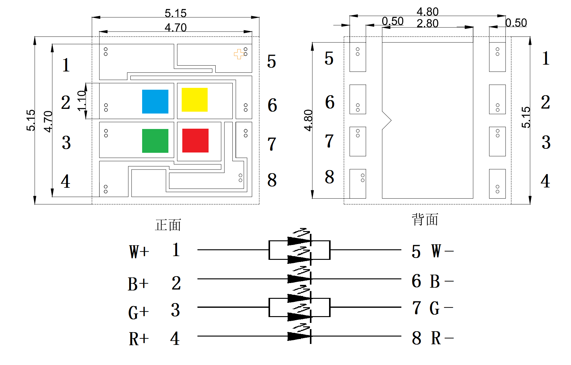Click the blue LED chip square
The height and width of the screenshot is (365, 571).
click(x=155, y=101)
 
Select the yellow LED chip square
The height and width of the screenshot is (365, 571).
click(x=194, y=100)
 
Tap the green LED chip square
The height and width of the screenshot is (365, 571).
click(x=155, y=141)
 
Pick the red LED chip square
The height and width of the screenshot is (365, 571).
click(x=195, y=140)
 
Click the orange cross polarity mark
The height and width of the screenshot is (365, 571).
click(x=238, y=54)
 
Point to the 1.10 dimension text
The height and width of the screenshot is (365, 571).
click(x=82, y=101)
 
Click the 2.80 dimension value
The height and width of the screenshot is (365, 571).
click(x=427, y=24)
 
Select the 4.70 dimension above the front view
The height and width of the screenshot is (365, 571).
click(x=176, y=28)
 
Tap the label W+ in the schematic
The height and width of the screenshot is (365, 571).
click(x=139, y=251)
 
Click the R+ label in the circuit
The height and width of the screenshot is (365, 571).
click(x=139, y=339)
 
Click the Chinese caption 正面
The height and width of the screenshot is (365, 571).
click(x=168, y=225)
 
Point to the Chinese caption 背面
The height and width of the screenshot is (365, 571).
click(x=425, y=220)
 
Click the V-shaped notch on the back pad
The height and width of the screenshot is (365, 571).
click(x=387, y=120)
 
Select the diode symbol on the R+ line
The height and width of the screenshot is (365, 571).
click(x=299, y=336)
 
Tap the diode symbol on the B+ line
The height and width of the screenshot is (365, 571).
click(x=299, y=279)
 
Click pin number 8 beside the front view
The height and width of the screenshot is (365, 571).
click(x=272, y=180)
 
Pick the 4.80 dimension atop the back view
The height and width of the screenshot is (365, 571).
click(x=427, y=12)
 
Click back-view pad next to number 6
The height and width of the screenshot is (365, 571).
click(x=357, y=99)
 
